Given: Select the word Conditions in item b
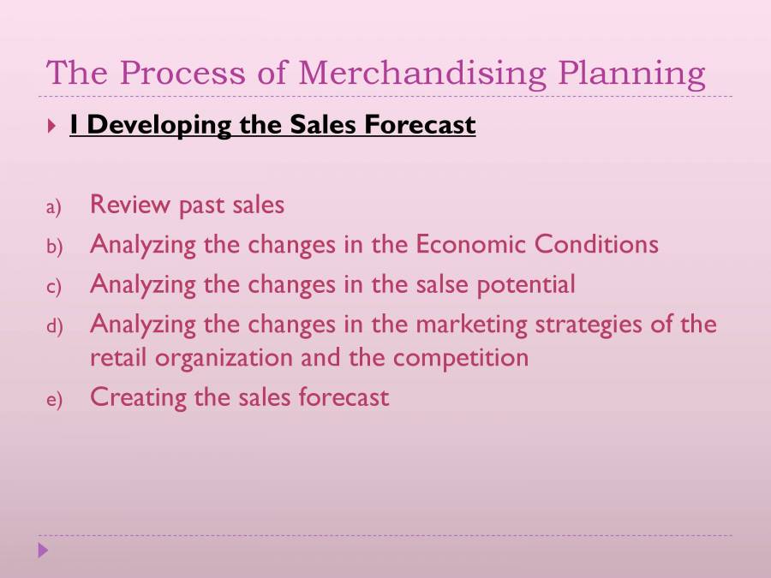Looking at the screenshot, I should [x=596, y=245].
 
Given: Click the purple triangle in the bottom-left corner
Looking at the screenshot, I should [x=44, y=551].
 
